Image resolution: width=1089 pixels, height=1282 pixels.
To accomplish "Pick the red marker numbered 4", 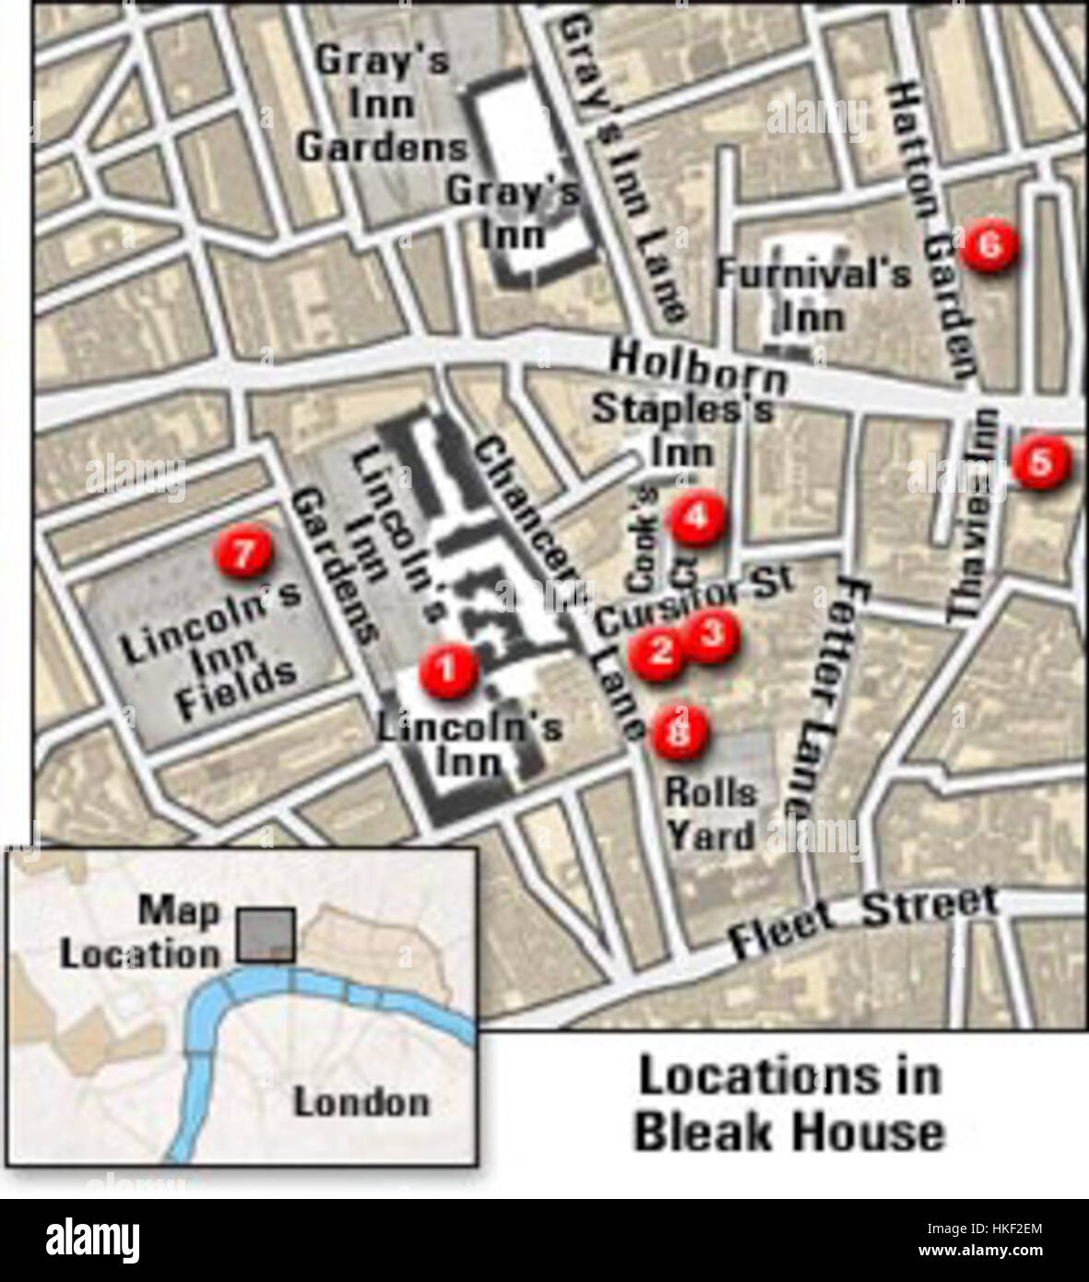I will pyautogui.click(x=696, y=519).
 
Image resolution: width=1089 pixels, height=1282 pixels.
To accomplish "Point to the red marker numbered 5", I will pyautogui.click(x=1039, y=463).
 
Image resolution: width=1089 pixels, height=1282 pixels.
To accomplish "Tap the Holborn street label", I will pyautogui.click(x=699, y=365).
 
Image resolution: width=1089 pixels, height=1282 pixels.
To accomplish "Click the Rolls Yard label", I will pyautogui.click(x=711, y=813).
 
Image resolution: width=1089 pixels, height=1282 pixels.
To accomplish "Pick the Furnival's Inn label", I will pyautogui.click(x=813, y=294).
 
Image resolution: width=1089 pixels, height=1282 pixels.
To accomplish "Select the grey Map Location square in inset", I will pyautogui.click(x=266, y=934).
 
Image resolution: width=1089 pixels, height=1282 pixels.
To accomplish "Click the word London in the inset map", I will pyautogui.click(x=361, y=1102).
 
